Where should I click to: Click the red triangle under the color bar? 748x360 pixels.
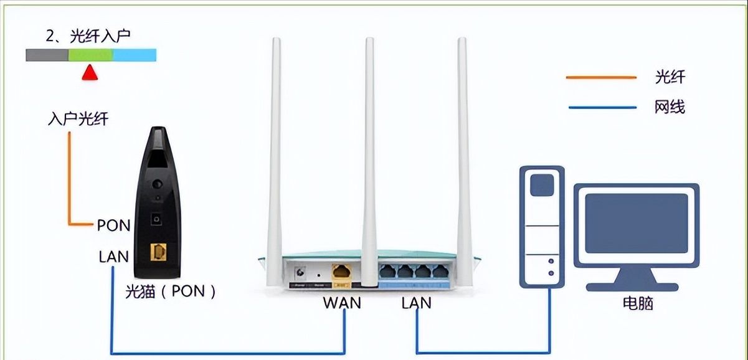[x=90, y=72]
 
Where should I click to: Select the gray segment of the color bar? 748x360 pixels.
[x=47, y=55]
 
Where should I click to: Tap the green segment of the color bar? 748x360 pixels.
[x=90, y=55]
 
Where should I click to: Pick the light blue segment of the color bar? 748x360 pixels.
[x=135, y=55]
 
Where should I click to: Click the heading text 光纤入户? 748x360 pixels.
[x=100, y=36]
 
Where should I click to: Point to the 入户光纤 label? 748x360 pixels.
[x=78, y=119]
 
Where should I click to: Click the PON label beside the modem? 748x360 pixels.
[x=113, y=225]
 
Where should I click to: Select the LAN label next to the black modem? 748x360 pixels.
[x=113, y=257]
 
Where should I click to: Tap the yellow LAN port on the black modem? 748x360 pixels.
[x=158, y=252]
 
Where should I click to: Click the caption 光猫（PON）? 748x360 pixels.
[x=170, y=291]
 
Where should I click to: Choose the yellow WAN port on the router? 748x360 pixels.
[x=341, y=272]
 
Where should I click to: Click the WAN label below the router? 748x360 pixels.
[x=342, y=303]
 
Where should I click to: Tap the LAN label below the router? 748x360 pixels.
[x=417, y=303]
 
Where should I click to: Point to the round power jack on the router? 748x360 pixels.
[x=300, y=272]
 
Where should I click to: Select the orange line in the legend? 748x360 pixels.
[x=601, y=77]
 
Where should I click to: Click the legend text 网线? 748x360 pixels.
[x=670, y=107]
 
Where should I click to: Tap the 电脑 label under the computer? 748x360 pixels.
[x=638, y=303]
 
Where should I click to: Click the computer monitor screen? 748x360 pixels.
[x=636, y=223]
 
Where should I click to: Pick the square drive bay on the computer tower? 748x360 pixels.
[x=542, y=185]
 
